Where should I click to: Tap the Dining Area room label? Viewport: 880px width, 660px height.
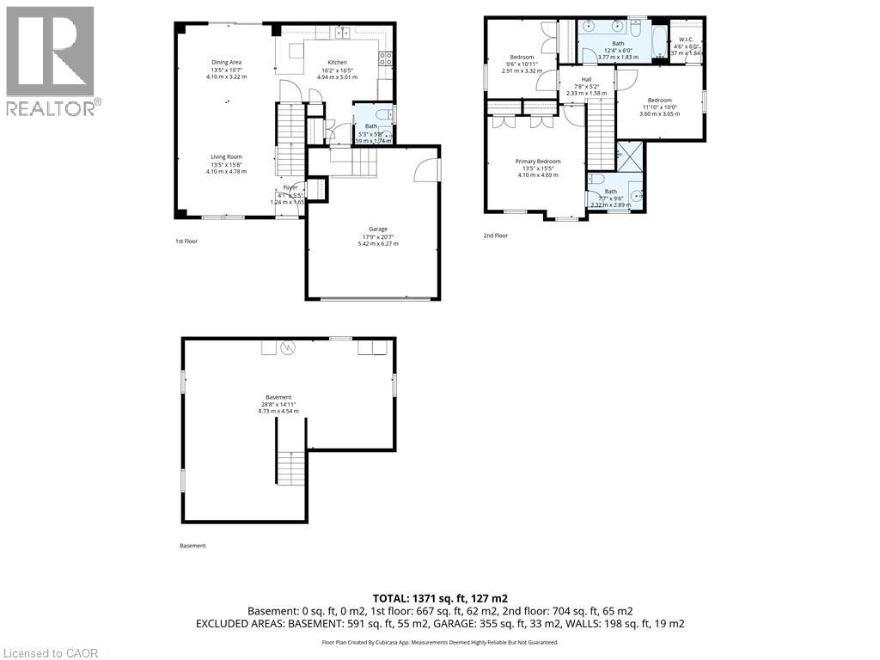pyautogui.click(x=226, y=69)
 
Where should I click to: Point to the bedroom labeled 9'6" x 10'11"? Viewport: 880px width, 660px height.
pyautogui.click(x=522, y=64)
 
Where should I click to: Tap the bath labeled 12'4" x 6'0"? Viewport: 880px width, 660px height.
pyautogui.click(x=618, y=50)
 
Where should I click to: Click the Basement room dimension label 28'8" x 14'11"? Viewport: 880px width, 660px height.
pyautogui.click(x=278, y=404)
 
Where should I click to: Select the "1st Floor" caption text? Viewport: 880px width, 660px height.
pyautogui.click(x=186, y=241)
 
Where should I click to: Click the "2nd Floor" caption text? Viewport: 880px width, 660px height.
pyautogui.click(x=495, y=235)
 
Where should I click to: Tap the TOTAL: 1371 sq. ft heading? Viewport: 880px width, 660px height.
pyautogui.click(x=440, y=597)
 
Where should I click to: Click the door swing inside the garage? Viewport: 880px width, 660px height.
pyautogui.click(x=426, y=171)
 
